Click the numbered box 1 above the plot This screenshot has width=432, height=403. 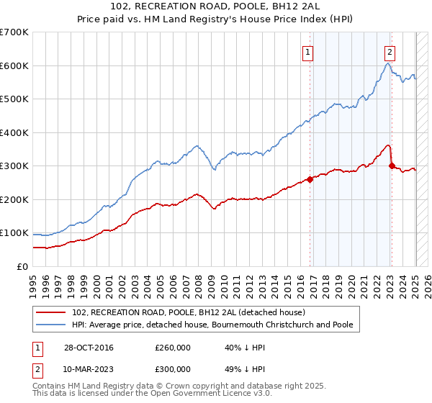click(307, 51)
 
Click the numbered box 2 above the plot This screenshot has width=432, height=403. click(389, 51)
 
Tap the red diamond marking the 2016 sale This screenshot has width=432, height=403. click(310, 180)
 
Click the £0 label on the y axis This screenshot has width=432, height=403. click(22, 266)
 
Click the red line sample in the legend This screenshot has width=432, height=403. click(50, 312)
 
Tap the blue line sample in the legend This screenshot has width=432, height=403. click(50, 325)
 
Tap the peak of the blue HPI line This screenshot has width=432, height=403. click(387, 63)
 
